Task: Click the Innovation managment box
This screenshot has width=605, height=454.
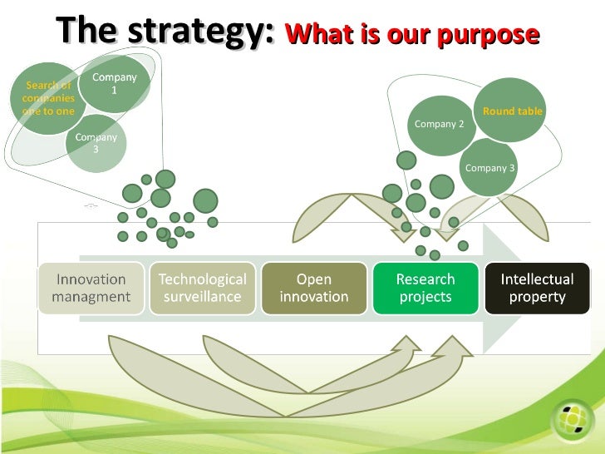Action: pyautogui.click(x=91, y=288)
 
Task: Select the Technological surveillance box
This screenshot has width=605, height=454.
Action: pyautogui.click(x=203, y=288)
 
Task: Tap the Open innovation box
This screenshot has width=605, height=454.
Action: pyautogui.click(x=314, y=288)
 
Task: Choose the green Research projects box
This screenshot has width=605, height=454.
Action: pyautogui.click(x=425, y=288)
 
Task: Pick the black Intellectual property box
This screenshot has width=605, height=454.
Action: pyautogui.click(x=537, y=288)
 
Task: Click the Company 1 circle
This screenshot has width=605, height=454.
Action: pyautogui.click(x=116, y=84)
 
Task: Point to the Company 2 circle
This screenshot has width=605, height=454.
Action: pyautogui.click(x=439, y=125)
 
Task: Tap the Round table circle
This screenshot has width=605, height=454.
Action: pyautogui.click(x=512, y=111)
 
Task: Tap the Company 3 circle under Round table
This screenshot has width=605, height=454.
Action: pyautogui.click(x=489, y=168)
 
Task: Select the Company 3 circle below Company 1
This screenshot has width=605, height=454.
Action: pyautogui.click(x=96, y=143)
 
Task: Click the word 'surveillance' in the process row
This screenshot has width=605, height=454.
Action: pyautogui.click(x=203, y=296)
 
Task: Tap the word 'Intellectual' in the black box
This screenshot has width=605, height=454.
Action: pyautogui.click(x=537, y=279)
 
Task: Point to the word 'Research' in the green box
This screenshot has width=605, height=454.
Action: pyautogui.click(x=425, y=279)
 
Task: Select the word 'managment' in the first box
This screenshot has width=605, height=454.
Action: pyautogui.click(x=91, y=296)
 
